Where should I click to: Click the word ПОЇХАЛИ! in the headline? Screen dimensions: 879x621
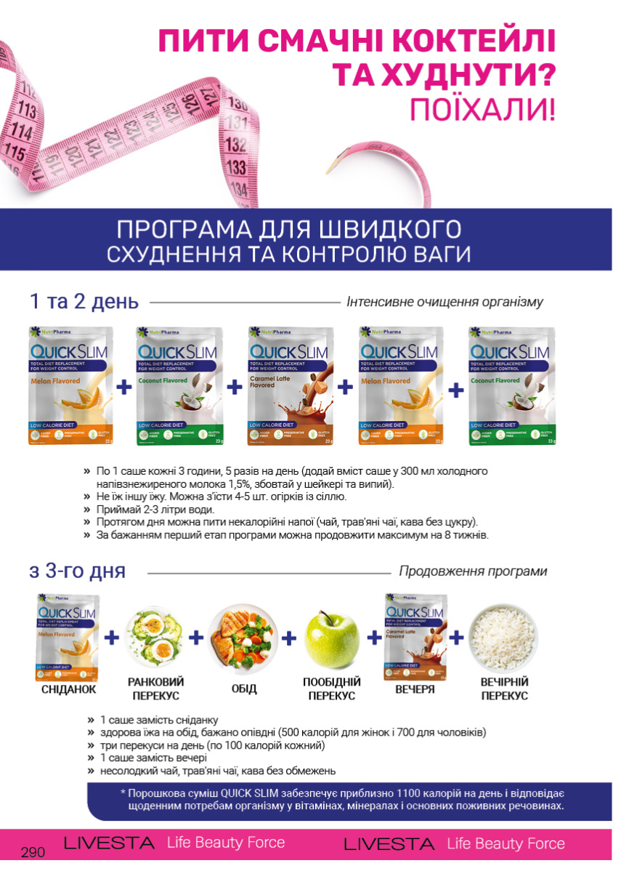(482, 109)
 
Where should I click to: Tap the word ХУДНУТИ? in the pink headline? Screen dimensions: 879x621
(444, 75)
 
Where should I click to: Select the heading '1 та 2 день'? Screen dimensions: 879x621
(84, 302)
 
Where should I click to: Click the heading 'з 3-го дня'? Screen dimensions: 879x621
(78, 571)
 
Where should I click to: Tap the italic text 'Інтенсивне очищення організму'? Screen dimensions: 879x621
(445, 302)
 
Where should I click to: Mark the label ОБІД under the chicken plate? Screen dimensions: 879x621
(244, 689)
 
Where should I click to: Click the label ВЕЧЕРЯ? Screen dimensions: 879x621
(414, 689)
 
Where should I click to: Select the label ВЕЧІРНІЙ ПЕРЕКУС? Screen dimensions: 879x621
(504, 689)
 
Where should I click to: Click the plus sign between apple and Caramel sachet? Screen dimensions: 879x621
(374, 638)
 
